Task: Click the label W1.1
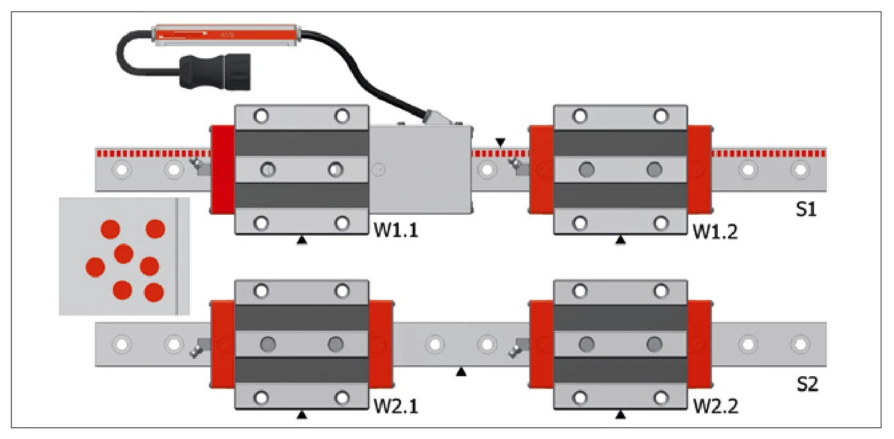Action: pyautogui.click(x=395, y=229)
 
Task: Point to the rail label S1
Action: pyautogui.click(x=806, y=210)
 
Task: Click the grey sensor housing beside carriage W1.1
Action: pyautogui.click(x=420, y=169)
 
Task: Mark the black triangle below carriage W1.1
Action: pyautogui.click(x=302, y=240)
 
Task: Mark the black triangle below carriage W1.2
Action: pyautogui.click(x=620, y=240)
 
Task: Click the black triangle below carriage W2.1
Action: pyautogui.click(x=302, y=415)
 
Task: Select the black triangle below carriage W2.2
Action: pyautogui.click(x=620, y=415)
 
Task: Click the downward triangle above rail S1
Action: pyautogui.click(x=500, y=141)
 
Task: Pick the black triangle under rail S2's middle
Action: pyautogui.click(x=461, y=372)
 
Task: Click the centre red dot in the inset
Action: pyautogui.click(x=123, y=254)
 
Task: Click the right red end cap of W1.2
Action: pyautogui.click(x=700, y=169)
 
